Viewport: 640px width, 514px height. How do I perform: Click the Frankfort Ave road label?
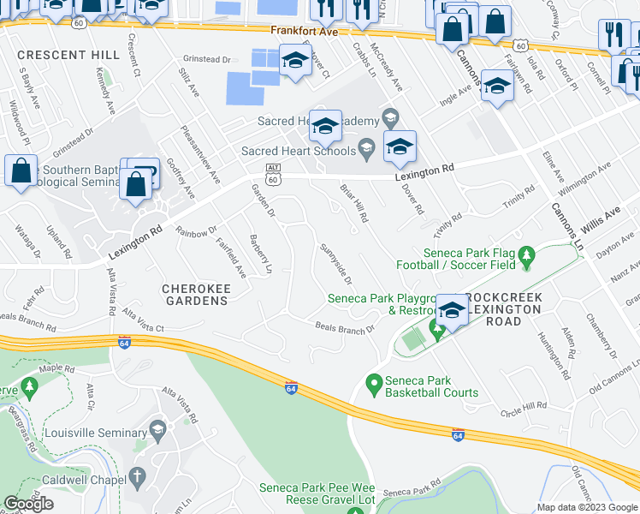pyautogui.click(x=305, y=30)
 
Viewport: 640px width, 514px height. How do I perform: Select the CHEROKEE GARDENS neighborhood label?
pyautogui.click(x=195, y=295)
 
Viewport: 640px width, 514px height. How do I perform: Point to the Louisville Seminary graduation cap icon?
pyautogui.click(x=157, y=427)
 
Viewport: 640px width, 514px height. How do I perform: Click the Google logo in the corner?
pyautogui.click(x=28, y=504)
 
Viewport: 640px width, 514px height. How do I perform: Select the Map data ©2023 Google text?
pyautogui.click(x=586, y=507)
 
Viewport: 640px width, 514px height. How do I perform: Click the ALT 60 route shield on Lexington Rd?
pyautogui.click(x=273, y=174)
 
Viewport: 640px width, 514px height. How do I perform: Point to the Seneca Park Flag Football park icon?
pyautogui.click(x=527, y=254)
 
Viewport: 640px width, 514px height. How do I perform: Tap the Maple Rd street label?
pyautogui.click(x=57, y=369)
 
